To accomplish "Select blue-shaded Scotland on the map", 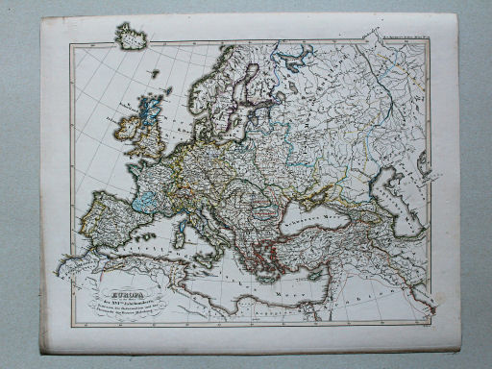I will coord(150,109).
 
